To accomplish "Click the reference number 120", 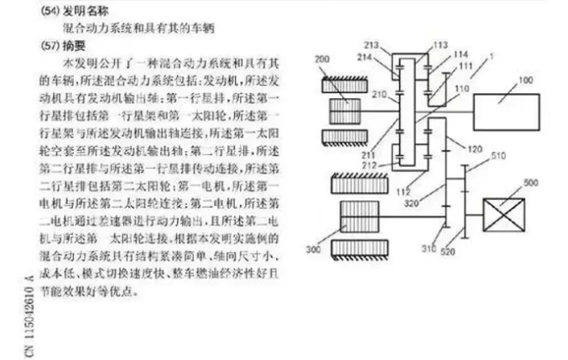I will pos(476,149).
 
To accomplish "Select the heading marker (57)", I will pos(50,44).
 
